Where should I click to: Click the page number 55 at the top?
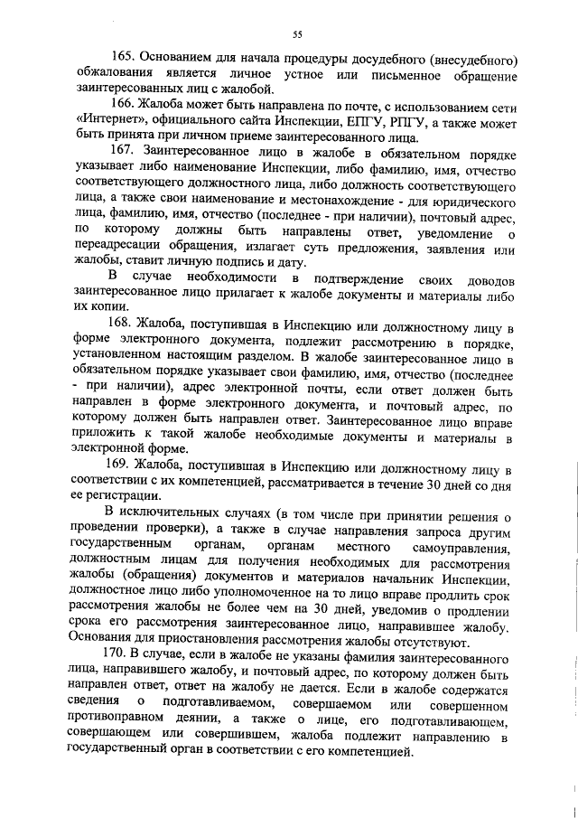click(297, 34)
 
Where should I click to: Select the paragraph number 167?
click(126, 148)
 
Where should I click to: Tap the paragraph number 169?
click(125, 465)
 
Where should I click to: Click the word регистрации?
click(122, 497)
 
